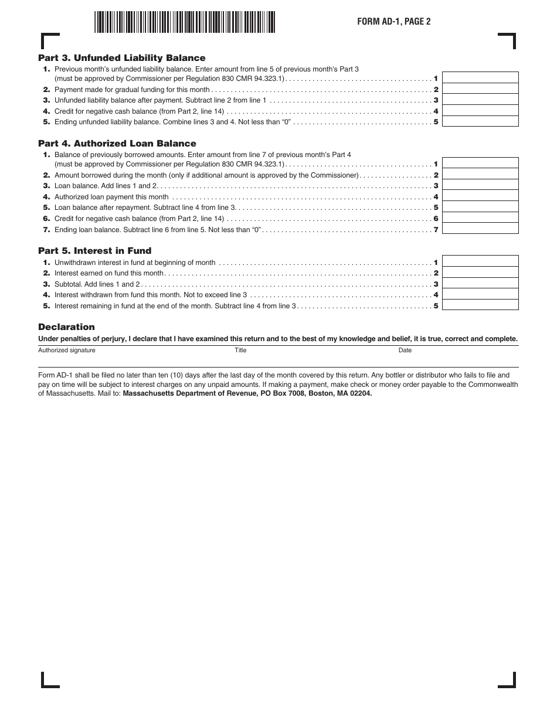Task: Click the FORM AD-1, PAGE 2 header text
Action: (394, 22)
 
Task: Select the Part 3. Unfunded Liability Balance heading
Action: (122, 58)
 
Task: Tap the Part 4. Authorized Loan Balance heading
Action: (117, 144)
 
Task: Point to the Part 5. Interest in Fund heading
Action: (95, 251)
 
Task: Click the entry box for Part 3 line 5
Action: (480, 122)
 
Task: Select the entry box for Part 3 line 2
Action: (480, 90)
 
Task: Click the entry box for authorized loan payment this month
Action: (480, 197)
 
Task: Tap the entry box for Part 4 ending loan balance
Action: (480, 229)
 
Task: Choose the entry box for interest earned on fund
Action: (480, 273)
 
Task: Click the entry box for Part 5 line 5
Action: (480, 305)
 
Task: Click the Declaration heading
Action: (66, 327)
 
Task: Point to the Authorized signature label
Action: (67, 351)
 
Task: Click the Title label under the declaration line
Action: (240, 351)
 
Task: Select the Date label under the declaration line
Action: (405, 351)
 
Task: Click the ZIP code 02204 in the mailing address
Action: (361, 394)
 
